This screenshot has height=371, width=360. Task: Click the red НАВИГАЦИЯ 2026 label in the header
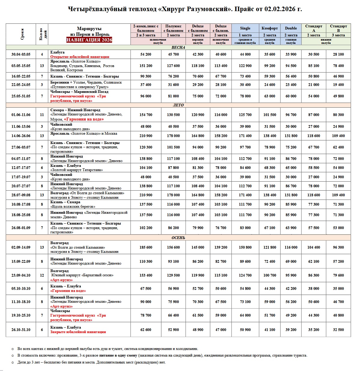tap(89, 40)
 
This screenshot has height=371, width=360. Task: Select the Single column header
tap(245, 28)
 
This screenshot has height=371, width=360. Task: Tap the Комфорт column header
tap(270, 28)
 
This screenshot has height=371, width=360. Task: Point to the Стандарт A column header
tap(313, 28)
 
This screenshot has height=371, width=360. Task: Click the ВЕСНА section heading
tap(178, 48)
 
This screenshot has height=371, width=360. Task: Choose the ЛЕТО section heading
tap(178, 105)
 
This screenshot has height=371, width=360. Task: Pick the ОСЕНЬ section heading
tap(178, 238)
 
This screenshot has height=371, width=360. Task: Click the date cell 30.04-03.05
tap(21, 54)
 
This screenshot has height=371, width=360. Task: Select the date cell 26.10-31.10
tap(21, 330)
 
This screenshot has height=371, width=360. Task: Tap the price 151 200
tap(146, 66)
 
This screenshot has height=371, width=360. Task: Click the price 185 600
tap(146, 247)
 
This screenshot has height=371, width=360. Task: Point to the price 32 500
tap(338, 330)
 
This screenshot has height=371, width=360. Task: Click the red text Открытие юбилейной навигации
tap(80, 57)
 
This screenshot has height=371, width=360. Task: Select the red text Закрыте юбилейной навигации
tap(78, 332)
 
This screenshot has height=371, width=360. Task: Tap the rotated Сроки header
tap(22, 34)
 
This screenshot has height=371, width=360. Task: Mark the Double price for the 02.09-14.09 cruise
tap(291, 247)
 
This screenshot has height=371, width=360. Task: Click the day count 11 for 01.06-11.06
tap(42, 115)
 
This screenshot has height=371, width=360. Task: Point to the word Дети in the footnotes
tap(22, 362)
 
